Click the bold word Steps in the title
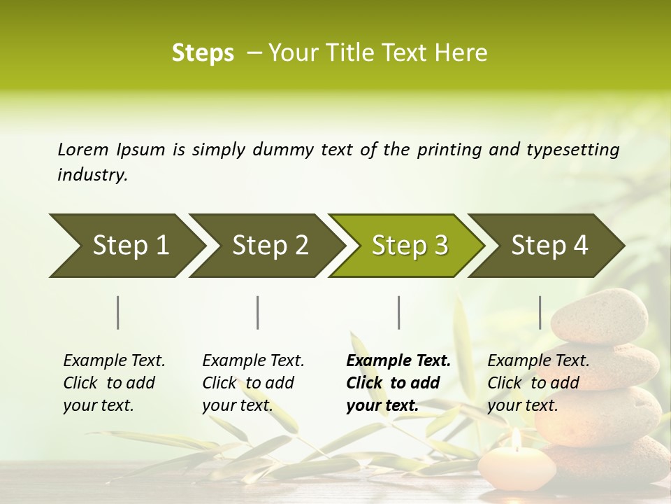pos(203,52)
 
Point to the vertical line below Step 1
pos(118,312)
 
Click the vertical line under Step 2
pos(258,312)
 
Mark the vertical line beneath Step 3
pos(398,312)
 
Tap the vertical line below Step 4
pos(540,312)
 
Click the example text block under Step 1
pos(114,383)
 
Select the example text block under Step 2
pos(253,383)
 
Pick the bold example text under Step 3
pos(398,383)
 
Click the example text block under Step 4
pos(538,383)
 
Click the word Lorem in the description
pos(83,149)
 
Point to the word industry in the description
pos(92,174)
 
